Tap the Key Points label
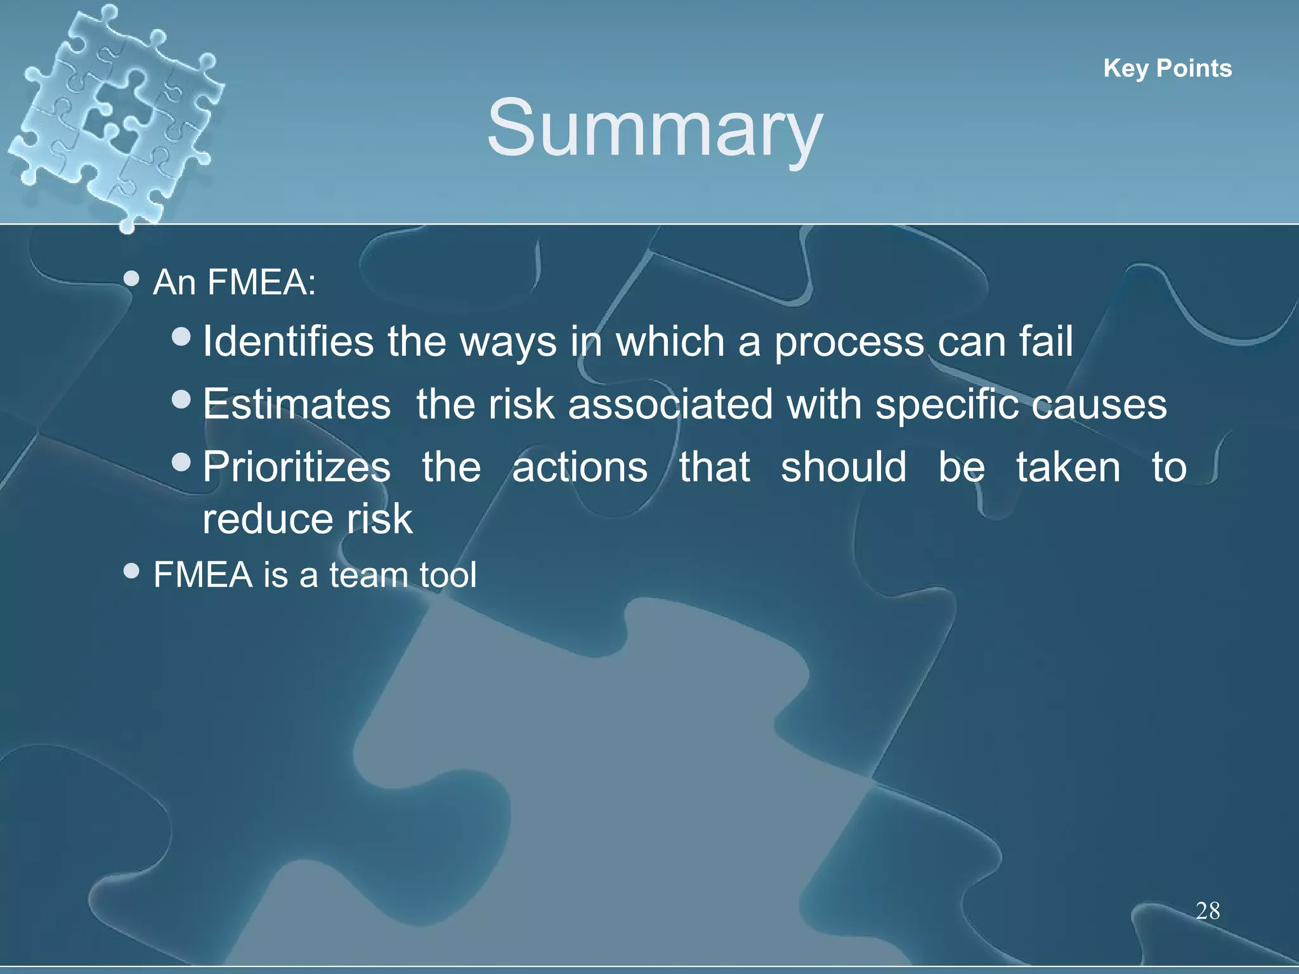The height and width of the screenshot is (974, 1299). [x=1167, y=68]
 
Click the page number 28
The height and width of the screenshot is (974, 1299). [x=1208, y=911]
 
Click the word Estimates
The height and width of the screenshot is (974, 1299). [x=296, y=404]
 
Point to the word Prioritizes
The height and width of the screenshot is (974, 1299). [x=296, y=467]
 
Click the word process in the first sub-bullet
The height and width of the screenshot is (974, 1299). [x=849, y=342]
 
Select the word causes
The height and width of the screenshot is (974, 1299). [x=1099, y=405]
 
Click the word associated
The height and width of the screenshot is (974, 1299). [x=670, y=404]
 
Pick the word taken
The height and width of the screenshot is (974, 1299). [x=1068, y=467]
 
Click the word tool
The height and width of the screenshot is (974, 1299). [x=447, y=575]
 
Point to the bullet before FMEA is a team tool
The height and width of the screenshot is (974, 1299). [x=131, y=571]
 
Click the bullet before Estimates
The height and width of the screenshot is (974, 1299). [x=181, y=399]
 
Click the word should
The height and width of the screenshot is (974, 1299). [x=844, y=467]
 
